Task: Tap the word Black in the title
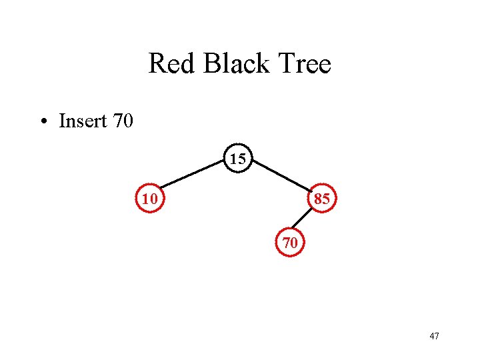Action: click(x=233, y=64)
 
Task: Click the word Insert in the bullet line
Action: click(x=83, y=121)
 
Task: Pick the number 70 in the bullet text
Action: click(x=123, y=121)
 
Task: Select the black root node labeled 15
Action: click(x=238, y=159)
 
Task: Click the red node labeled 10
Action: click(x=149, y=198)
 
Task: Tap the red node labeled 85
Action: click(x=321, y=198)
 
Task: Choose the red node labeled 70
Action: click(x=290, y=243)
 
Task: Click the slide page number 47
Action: click(x=434, y=336)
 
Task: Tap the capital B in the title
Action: click(x=211, y=64)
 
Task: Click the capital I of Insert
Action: click(x=62, y=121)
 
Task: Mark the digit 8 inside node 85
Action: click(x=317, y=199)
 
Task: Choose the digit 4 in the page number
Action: click(x=432, y=336)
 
